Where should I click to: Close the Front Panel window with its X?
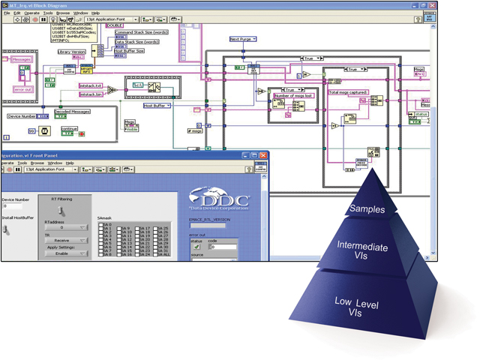point(264,155)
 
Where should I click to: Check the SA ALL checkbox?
point(158,254)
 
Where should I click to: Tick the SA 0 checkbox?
point(102,223)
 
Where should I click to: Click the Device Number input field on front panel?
point(15,205)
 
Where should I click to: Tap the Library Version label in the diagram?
point(73,52)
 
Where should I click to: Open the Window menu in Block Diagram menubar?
point(80,13)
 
